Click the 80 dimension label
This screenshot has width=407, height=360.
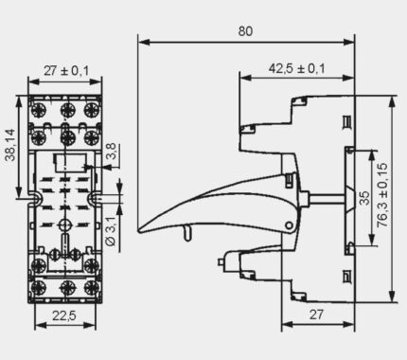(245, 31)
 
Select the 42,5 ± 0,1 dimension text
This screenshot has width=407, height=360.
(296, 68)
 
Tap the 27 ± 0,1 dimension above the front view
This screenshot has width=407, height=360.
(66, 70)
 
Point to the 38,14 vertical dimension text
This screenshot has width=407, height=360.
(10, 145)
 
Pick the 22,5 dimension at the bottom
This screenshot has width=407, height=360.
(64, 315)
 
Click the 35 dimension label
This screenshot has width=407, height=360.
(364, 198)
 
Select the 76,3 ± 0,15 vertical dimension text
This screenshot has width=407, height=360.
(382, 194)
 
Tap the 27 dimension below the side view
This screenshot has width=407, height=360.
(316, 315)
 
